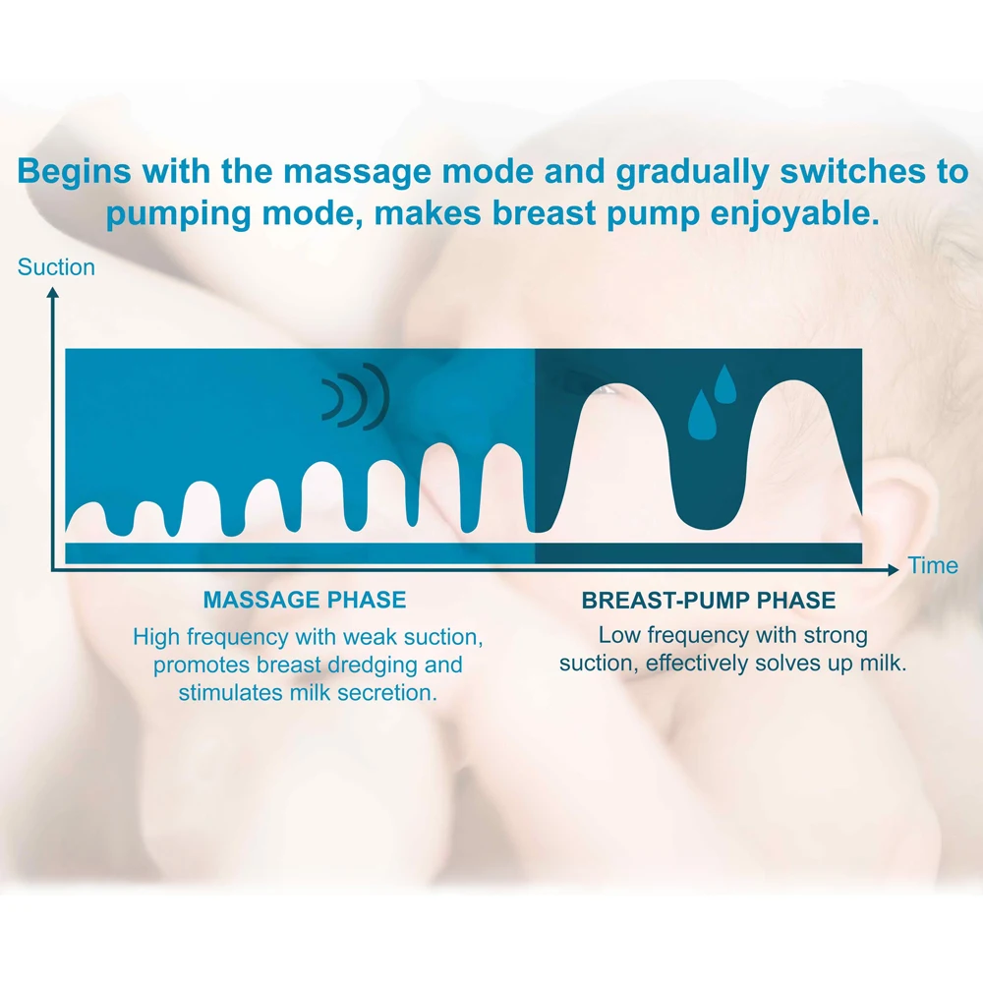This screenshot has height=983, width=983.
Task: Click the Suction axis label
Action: coord(56,267)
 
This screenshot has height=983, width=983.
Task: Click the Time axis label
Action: coord(933,565)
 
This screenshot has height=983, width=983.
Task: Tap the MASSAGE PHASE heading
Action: coord(305,600)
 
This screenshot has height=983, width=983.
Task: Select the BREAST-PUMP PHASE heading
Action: coord(709,601)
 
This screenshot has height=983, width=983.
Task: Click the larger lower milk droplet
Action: coord(702,415)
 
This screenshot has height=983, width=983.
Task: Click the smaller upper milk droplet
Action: coord(725,383)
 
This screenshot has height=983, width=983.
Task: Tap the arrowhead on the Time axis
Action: coord(893,569)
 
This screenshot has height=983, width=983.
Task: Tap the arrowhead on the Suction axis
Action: coord(53,293)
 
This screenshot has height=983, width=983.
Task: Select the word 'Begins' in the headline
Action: coord(74,171)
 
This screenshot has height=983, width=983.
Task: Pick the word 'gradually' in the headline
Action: coord(692,172)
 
